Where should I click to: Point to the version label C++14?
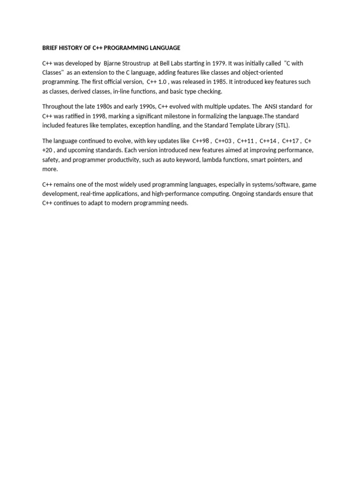click(268, 141)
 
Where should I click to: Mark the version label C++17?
click(291, 141)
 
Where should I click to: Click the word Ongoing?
click(244, 194)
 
